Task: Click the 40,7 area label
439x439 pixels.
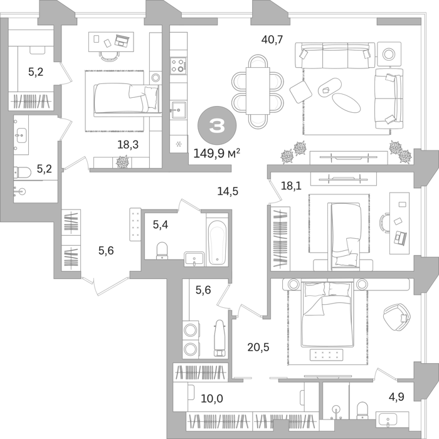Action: point(272,40)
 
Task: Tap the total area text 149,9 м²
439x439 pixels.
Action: point(217,153)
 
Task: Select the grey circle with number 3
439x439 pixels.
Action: point(217,125)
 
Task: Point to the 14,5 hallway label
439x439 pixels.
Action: point(228,191)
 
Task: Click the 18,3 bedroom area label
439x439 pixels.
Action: point(128,145)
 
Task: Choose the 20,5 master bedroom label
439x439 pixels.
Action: point(258,347)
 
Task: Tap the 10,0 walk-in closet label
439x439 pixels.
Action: point(212,398)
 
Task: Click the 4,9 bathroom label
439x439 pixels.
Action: point(396,396)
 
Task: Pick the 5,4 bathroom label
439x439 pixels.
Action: point(161,225)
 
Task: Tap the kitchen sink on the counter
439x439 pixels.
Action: point(179,110)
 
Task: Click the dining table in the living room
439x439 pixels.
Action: point(258,91)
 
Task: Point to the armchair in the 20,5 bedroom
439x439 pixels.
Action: point(396,317)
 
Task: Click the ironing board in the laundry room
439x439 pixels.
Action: point(219,338)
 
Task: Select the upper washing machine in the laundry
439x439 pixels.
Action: point(191,330)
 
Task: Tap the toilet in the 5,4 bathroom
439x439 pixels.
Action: point(162,250)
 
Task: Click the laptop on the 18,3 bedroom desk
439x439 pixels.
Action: point(122,40)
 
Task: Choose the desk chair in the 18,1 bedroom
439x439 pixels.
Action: point(384,223)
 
